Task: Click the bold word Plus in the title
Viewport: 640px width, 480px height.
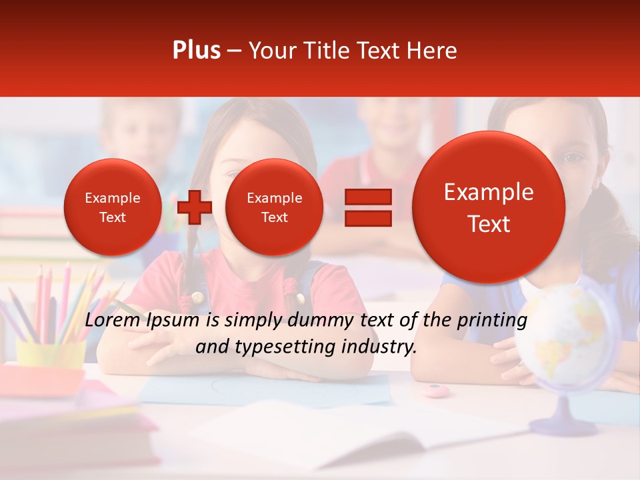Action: [196, 51]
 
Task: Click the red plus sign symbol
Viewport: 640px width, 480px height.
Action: [195, 207]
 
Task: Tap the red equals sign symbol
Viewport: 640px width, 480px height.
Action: [368, 207]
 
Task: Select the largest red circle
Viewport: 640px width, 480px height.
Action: [489, 207]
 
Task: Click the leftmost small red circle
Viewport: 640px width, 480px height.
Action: [112, 207]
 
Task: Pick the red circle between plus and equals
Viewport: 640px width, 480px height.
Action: [274, 207]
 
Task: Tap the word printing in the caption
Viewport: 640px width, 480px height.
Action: [493, 321]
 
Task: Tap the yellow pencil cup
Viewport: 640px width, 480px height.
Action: [50, 353]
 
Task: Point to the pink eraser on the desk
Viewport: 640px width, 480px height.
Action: [435, 390]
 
